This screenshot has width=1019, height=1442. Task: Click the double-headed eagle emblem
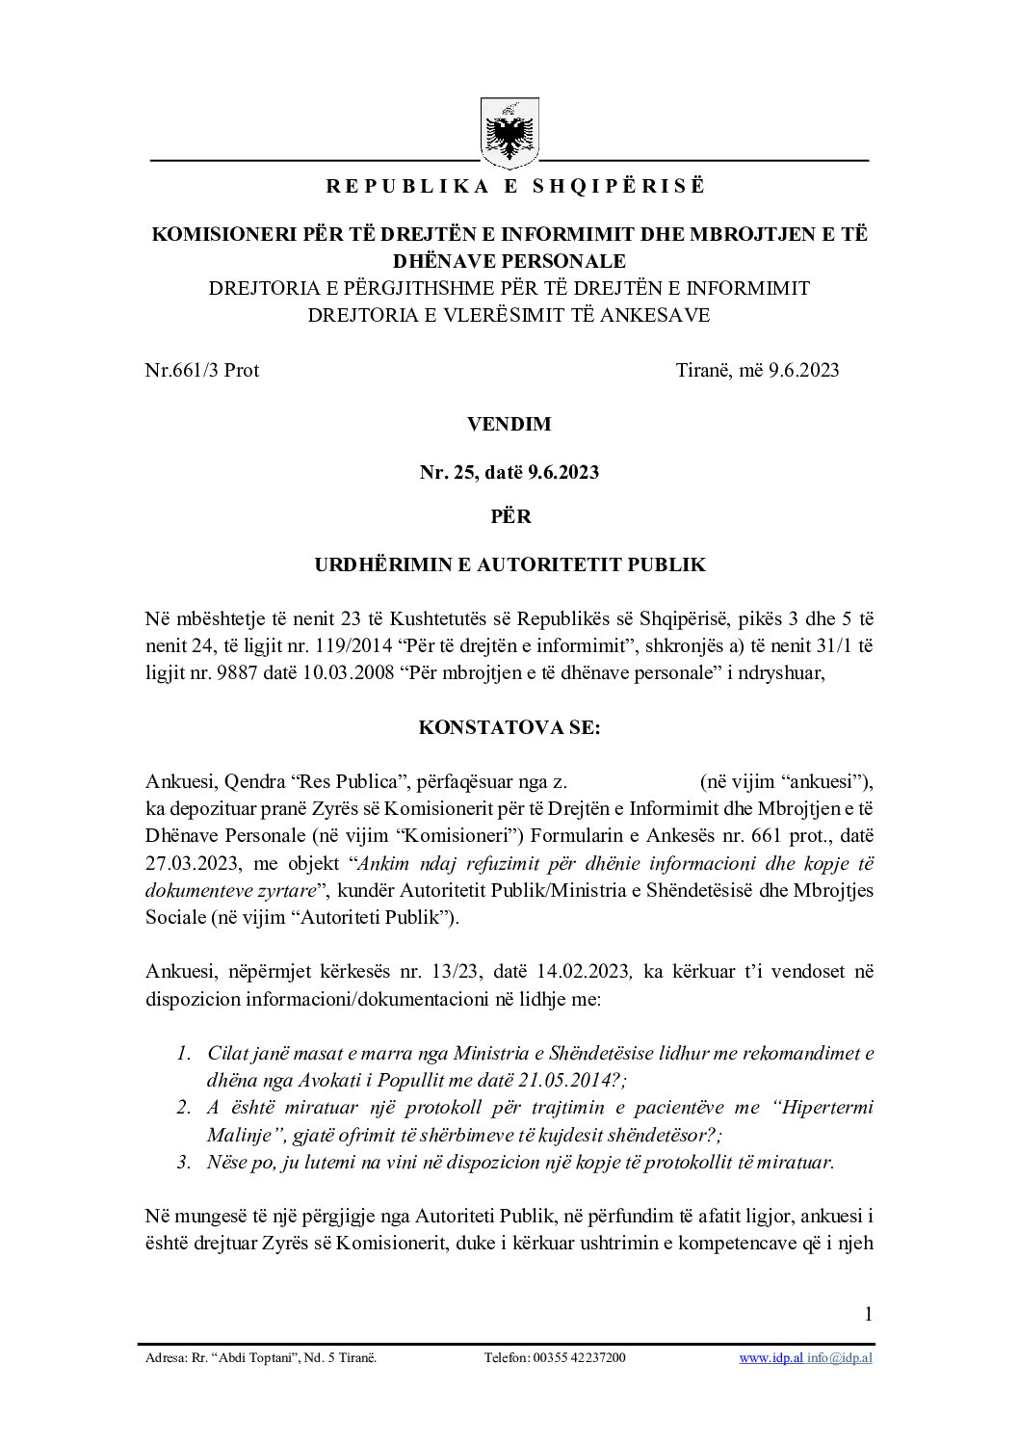click(x=509, y=133)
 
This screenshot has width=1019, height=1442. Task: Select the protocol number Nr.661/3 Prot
click(x=202, y=370)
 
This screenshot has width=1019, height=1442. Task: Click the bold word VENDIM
click(x=509, y=424)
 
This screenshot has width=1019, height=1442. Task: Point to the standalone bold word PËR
click(x=509, y=516)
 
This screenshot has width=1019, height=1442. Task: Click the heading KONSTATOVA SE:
click(x=509, y=727)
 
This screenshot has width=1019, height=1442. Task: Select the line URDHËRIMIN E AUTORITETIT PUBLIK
click(x=509, y=564)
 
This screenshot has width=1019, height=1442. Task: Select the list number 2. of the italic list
click(x=183, y=1108)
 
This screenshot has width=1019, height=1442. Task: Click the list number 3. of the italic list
click(x=183, y=1162)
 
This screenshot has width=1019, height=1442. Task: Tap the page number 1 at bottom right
click(x=868, y=1314)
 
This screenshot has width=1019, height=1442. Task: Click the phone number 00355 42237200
click(x=577, y=1358)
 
